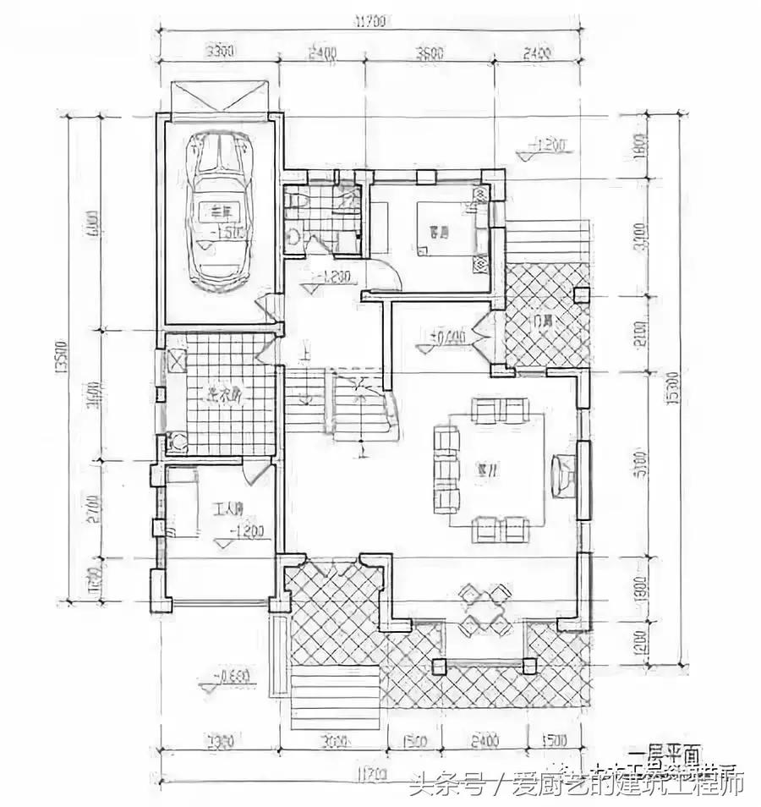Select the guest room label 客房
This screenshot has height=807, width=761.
coord(437,230)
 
